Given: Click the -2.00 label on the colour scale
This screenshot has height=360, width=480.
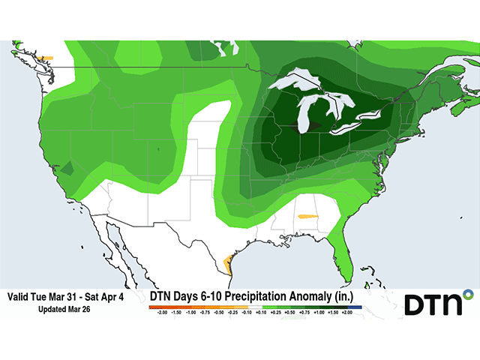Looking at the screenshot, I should [161, 313].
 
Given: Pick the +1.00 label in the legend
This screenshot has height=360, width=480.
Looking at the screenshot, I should [319, 313].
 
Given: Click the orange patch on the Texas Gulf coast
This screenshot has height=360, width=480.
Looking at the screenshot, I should [229, 264].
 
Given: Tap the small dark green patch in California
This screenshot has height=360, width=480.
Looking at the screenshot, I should [67, 170].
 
